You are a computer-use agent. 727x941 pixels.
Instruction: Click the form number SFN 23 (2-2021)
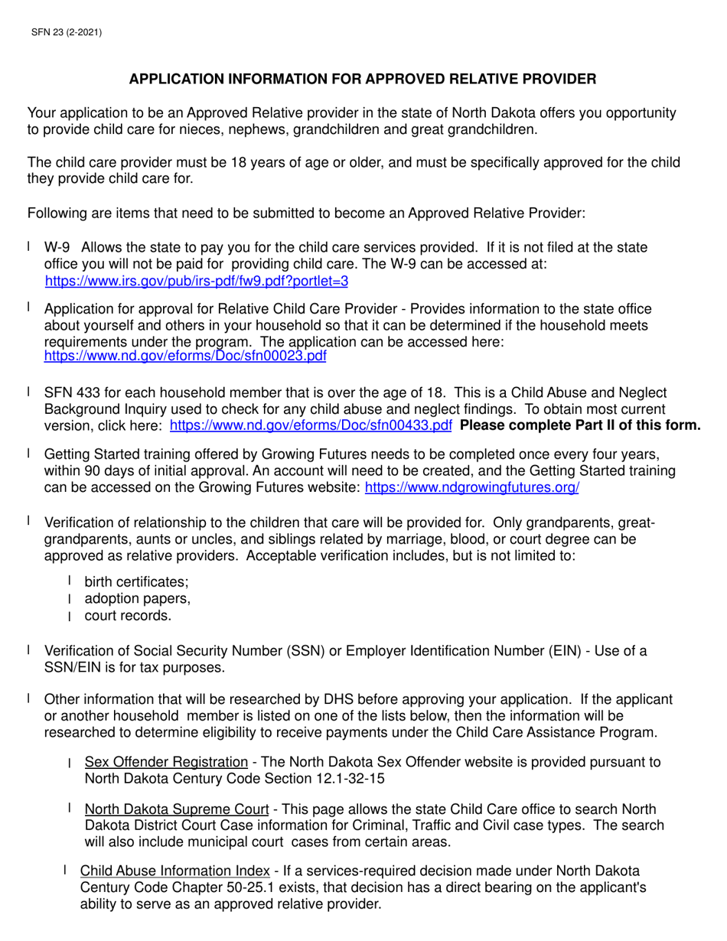point(66,32)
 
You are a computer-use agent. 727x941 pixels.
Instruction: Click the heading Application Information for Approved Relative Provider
point(362,79)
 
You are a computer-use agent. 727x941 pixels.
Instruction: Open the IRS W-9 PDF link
point(197,281)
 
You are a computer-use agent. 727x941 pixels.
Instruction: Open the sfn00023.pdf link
point(185,356)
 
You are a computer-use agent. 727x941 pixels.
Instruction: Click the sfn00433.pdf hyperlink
point(310,425)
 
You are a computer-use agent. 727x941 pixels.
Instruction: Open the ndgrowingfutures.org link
point(471,487)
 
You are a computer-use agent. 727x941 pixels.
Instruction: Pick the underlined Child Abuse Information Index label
point(175,870)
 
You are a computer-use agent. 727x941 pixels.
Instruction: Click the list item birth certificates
point(131,582)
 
